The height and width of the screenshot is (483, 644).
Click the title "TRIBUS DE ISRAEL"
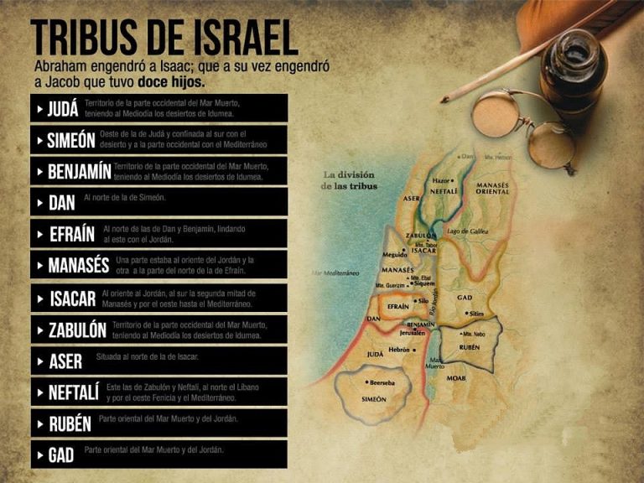click(x=164, y=38)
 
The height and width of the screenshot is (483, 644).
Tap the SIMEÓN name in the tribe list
click(x=70, y=140)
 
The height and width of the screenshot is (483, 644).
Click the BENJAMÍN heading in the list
click(x=80, y=171)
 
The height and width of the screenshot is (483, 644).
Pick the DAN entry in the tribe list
click(x=61, y=203)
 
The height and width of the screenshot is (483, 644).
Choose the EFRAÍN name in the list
click(x=72, y=234)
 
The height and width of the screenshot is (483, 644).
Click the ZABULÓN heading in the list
click(x=77, y=330)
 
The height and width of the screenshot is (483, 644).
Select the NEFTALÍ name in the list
click(x=74, y=392)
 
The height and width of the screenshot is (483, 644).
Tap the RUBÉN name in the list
click(x=70, y=423)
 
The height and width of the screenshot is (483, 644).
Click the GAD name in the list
click(x=61, y=454)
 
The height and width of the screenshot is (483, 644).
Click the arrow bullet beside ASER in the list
click(x=39, y=361)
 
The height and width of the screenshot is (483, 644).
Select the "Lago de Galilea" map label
click(x=468, y=231)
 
